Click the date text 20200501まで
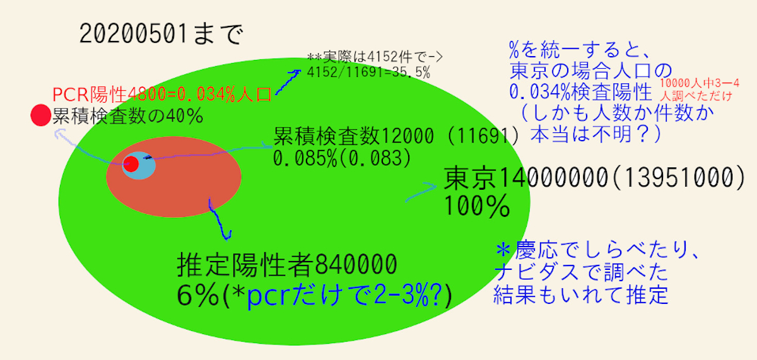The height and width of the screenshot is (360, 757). (x=161, y=34)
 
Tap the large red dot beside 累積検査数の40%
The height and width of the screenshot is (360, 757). (x=40, y=115)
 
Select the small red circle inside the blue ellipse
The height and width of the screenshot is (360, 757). (x=131, y=165)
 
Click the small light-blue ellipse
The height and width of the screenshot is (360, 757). (x=139, y=165)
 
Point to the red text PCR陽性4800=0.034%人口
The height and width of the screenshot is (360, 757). (x=162, y=95)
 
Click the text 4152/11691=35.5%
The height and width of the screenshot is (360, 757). (x=368, y=73)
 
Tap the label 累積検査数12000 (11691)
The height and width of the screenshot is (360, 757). (x=396, y=136)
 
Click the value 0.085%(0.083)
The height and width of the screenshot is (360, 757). (x=342, y=158)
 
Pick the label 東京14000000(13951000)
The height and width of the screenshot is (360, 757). (x=594, y=177)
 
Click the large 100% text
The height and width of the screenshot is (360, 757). (x=477, y=206)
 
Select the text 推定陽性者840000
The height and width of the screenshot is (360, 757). (x=287, y=264)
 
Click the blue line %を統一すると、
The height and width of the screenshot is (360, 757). (x=578, y=50)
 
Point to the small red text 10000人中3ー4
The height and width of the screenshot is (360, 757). (x=699, y=83)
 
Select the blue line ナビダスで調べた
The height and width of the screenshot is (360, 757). (x=581, y=272)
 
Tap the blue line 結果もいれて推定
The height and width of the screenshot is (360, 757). (x=581, y=295)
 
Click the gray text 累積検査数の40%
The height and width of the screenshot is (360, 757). (x=127, y=116)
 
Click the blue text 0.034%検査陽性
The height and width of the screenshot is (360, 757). (x=580, y=92)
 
